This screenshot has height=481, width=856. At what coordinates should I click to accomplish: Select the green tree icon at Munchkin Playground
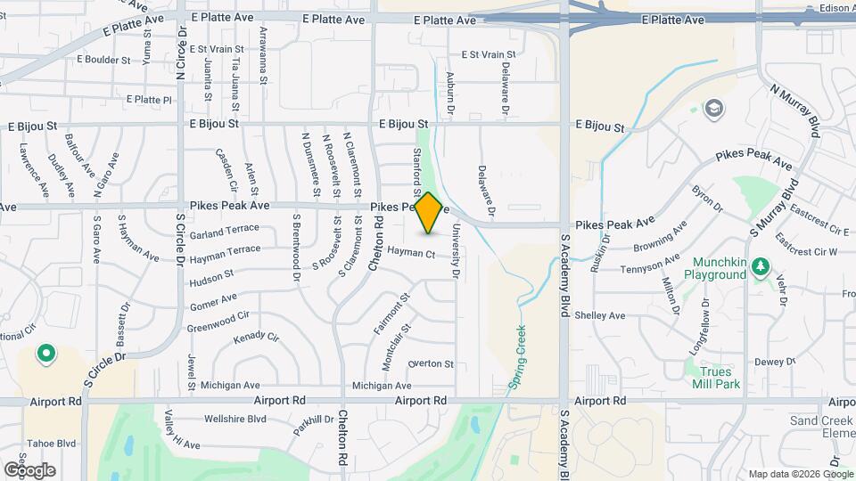760,266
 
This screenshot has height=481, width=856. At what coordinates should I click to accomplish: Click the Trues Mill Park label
716,378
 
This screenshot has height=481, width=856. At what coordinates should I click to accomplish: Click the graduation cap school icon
713,110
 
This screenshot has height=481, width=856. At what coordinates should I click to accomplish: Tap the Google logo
29,469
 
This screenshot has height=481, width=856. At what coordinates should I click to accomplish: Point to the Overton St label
431,363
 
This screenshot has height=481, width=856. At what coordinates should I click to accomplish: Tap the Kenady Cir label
256,338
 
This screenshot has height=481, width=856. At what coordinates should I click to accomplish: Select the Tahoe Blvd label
53,443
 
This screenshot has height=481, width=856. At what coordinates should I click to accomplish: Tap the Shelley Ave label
600,315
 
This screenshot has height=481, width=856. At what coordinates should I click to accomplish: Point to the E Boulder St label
103,60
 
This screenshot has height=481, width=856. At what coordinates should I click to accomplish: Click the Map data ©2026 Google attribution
800,473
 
